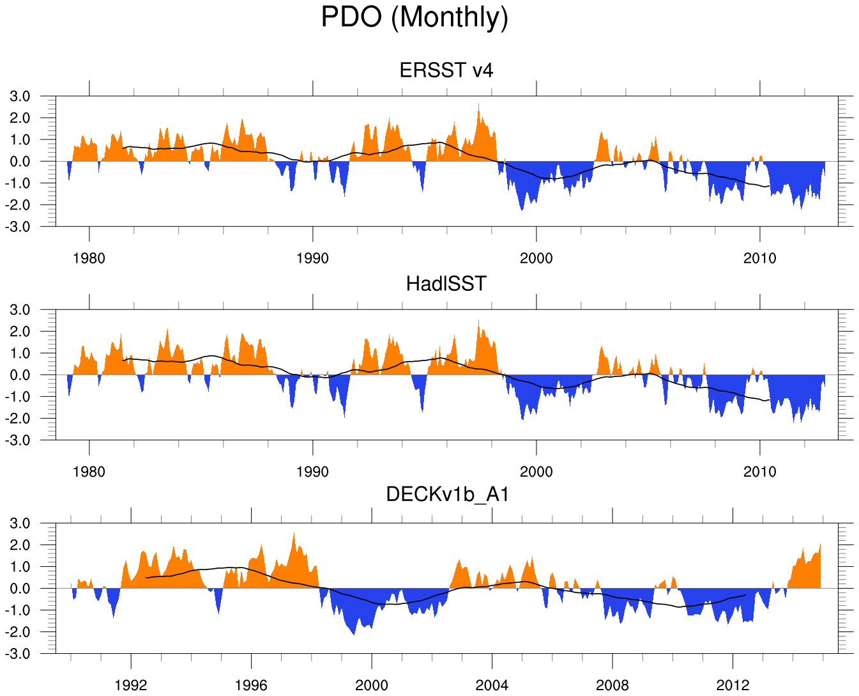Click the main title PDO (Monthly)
click(x=414, y=17)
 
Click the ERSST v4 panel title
click(x=446, y=70)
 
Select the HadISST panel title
click(x=446, y=283)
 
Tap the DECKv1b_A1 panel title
click(x=447, y=494)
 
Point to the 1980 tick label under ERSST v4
click(x=89, y=259)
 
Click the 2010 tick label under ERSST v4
click(x=759, y=259)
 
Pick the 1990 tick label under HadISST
click(x=312, y=472)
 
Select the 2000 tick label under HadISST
click(x=536, y=472)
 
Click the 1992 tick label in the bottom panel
click(x=131, y=686)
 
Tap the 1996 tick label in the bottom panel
click(x=251, y=686)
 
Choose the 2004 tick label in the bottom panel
click(x=492, y=686)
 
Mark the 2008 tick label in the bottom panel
click(x=612, y=686)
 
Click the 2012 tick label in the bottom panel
click(x=733, y=686)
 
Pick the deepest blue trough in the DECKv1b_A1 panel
click(x=354, y=633)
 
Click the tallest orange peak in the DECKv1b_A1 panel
click(x=294, y=534)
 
